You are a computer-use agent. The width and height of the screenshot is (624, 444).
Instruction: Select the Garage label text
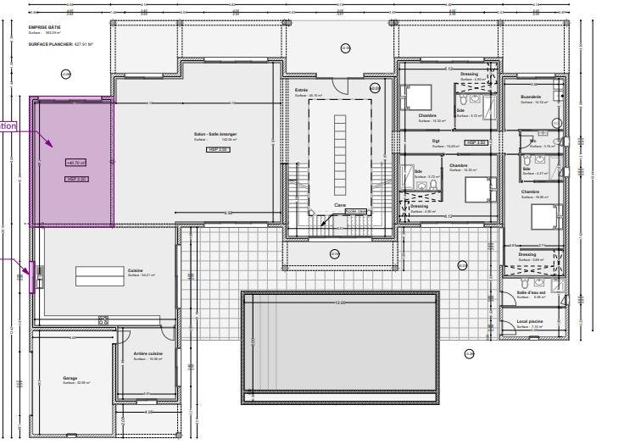pos(70,378)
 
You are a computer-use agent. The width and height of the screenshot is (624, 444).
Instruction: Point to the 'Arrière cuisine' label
pos(148,353)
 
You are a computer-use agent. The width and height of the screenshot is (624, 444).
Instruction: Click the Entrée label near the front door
pos(301,90)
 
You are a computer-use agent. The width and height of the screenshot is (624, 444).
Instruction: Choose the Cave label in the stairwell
pos(340,204)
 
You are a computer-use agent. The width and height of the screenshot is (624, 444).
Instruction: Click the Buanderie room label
pos(531,97)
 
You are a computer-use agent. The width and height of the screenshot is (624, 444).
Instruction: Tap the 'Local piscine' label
pos(528,321)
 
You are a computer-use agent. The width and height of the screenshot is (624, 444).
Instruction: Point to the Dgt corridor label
pos(436,141)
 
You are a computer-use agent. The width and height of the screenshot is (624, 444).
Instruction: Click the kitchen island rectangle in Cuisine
pos(100,276)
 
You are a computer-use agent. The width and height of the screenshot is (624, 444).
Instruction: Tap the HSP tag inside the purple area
pos(75,179)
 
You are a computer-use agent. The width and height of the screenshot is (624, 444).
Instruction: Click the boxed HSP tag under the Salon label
pos(218,148)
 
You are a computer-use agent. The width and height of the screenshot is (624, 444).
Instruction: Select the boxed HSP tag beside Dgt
pos(476,142)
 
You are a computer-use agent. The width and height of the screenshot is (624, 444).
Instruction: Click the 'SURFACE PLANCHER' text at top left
pos(49,43)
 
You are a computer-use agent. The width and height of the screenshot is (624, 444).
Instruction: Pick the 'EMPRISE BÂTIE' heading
pos(45,27)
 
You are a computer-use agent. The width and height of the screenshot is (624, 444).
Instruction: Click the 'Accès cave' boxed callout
pos(356,212)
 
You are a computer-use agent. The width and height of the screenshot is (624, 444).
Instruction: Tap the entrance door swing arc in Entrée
pos(339,86)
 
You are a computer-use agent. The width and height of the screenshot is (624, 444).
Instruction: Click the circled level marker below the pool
pos(469,353)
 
